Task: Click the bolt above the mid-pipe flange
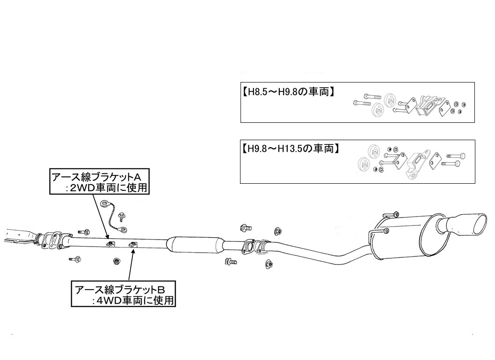pos(244,228)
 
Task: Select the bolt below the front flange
pos(76,259)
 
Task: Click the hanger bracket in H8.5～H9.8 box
pos(429,105)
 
